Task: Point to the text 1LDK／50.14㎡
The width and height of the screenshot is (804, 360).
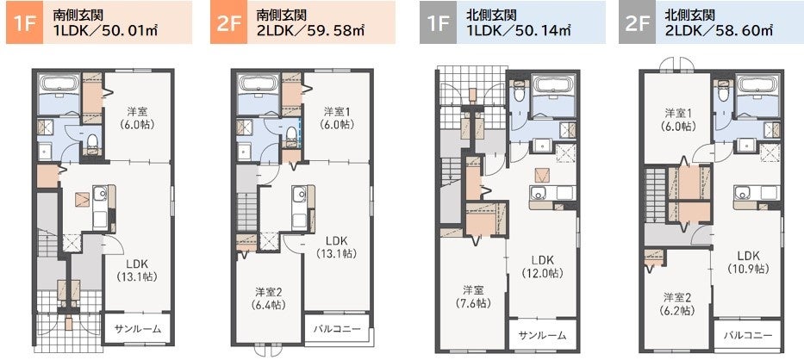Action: [519, 30]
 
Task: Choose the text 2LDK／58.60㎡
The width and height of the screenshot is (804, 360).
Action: [719, 30]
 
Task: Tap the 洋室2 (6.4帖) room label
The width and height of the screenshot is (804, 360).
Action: [269, 298]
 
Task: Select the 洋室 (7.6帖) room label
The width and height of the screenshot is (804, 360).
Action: [473, 296]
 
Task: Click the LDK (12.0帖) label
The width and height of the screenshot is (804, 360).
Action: [544, 265]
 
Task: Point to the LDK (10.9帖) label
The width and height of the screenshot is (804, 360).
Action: [748, 262]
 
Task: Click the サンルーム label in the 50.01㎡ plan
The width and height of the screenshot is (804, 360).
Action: [137, 329]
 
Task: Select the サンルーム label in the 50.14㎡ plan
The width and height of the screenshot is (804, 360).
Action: [542, 335]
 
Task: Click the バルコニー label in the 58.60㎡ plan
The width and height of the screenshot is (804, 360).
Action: [748, 335]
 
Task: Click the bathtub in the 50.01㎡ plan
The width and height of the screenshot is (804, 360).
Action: [59, 84]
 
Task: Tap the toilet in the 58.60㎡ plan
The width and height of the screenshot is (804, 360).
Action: [722, 91]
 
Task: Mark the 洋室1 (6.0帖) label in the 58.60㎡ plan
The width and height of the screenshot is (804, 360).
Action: [676, 119]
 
